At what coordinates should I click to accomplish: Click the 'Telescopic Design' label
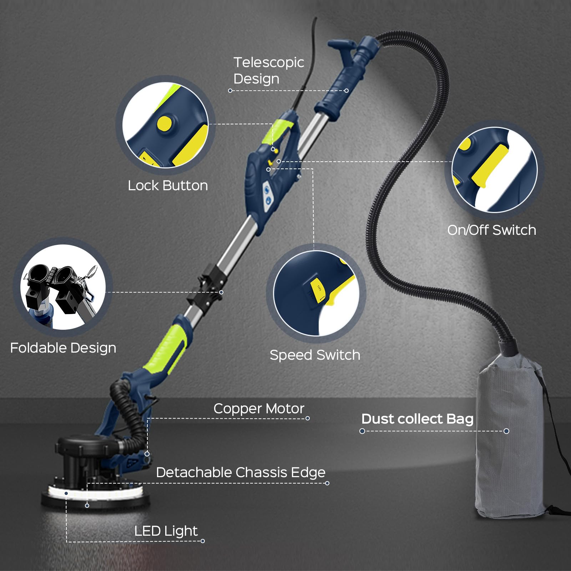268,70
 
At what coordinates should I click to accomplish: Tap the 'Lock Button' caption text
168,186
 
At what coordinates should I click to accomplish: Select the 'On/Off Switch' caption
491,230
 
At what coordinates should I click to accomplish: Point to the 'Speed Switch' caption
315,355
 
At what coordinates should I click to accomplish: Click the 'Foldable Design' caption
63,348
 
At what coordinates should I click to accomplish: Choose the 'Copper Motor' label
259,409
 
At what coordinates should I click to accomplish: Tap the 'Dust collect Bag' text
417,419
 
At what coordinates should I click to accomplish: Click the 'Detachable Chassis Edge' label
241,473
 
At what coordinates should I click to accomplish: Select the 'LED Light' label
166,531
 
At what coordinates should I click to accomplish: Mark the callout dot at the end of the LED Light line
203,541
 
